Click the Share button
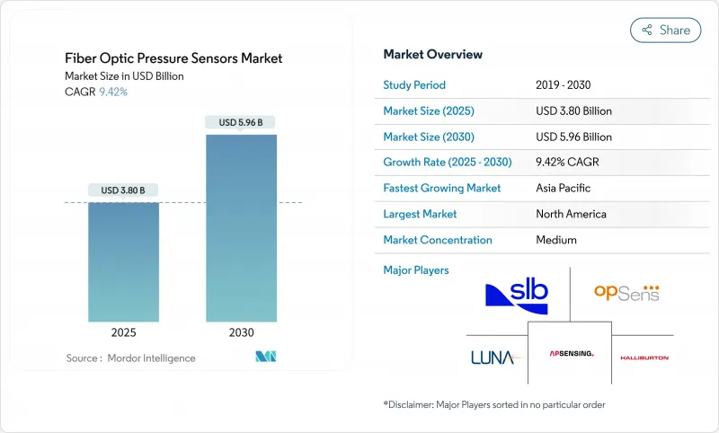click(665, 30)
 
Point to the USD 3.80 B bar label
click(124, 190)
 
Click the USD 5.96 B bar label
click(240, 122)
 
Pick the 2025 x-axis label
click(124, 332)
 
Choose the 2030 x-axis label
click(240, 332)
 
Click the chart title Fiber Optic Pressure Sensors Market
click(173, 58)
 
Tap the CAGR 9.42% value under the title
click(112, 92)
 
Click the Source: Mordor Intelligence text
click(130, 358)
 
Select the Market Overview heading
click(432, 55)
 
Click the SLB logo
click(515, 295)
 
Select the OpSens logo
click(626, 293)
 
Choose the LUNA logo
click(493, 357)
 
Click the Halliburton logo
click(644, 358)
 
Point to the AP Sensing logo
click(572, 354)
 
